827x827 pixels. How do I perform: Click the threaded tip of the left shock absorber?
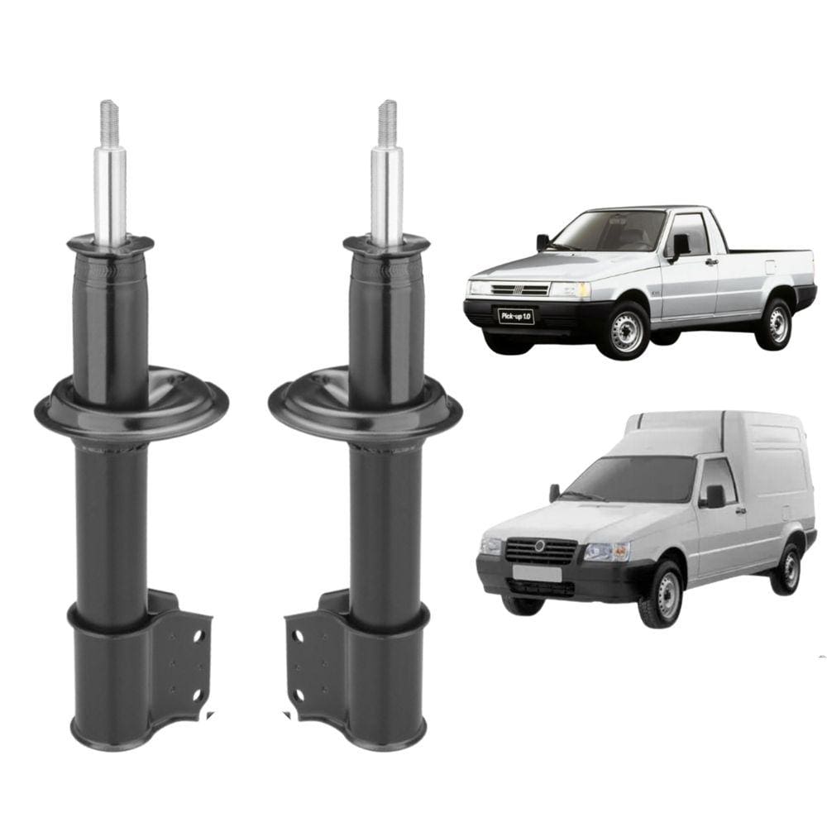click(110, 123)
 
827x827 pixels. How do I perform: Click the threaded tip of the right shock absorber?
click(387, 123)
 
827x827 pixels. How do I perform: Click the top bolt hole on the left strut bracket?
click(198, 636)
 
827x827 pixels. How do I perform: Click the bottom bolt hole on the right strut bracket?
click(298, 696)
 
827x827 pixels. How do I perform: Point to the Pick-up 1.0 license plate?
click(516, 317)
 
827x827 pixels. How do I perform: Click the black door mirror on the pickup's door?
click(679, 246)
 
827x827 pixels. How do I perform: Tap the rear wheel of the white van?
click(788, 569)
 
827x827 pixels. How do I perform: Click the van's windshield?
click(635, 478)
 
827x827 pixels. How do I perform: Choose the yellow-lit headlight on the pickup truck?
click(571, 290)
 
